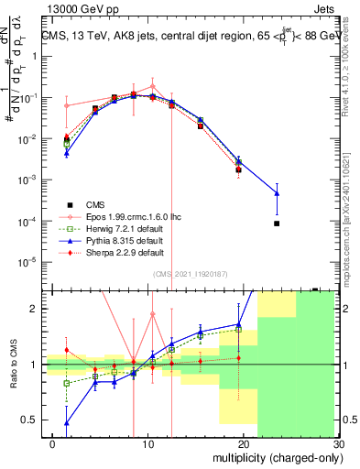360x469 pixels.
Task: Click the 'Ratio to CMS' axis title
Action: pos(13,364)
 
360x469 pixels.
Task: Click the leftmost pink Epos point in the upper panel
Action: pos(66,105)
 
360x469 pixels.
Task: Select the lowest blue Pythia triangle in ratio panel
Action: pos(66,422)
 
